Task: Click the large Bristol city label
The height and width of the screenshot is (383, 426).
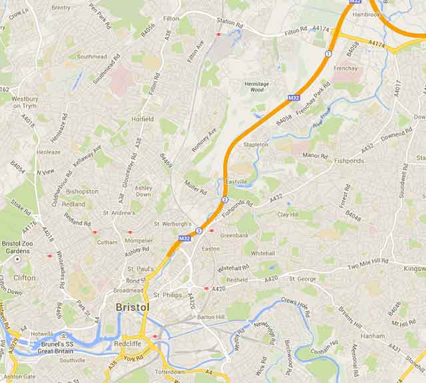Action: pos(132,307)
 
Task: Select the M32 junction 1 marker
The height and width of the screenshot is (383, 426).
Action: pos(327,53)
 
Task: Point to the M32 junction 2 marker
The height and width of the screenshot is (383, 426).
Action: pos(225,200)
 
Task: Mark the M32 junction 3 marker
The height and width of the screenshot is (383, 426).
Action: pos(198,230)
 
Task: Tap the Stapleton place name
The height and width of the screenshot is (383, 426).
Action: pos(256,144)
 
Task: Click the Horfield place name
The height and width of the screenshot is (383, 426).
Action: pos(142,119)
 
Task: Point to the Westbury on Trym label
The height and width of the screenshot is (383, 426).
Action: pos(25,103)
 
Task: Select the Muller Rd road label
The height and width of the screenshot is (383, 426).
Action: pos(197,185)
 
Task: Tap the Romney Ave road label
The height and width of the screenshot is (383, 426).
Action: pos(204,139)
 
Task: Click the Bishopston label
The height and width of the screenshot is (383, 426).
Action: pos(83,191)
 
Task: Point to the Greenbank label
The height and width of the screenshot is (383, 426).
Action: pos(234,235)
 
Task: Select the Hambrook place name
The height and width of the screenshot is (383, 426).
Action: pos(367,13)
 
